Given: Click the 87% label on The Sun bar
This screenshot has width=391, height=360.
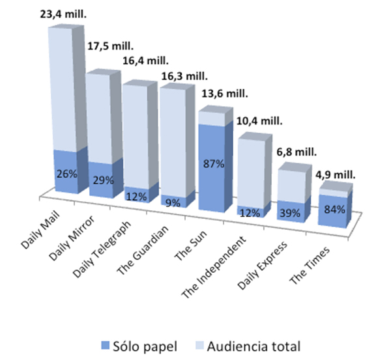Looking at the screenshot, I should coord(214,165).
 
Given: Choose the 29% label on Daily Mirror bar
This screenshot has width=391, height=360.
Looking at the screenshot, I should coord(101,179).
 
